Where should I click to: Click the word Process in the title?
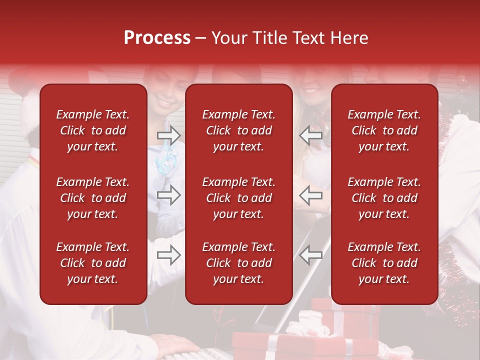[x=157, y=38]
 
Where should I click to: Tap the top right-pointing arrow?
[x=169, y=135]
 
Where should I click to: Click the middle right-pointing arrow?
[x=169, y=195]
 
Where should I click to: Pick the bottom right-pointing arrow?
[x=169, y=255]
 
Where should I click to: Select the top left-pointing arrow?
[x=310, y=135]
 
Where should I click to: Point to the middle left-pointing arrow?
[x=310, y=195]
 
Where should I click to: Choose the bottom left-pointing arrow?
[x=310, y=255]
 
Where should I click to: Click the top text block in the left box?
[x=93, y=130]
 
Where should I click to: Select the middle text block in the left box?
[x=93, y=198]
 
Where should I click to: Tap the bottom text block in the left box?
[x=93, y=263]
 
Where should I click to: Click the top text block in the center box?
[x=239, y=130]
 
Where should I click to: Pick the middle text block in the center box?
[x=239, y=198]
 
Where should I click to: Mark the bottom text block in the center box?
[x=239, y=263]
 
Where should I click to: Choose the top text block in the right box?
[x=384, y=130]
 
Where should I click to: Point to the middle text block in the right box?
[x=384, y=198]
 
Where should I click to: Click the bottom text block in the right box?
[x=384, y=263]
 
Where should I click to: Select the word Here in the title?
[x=349, y=38]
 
